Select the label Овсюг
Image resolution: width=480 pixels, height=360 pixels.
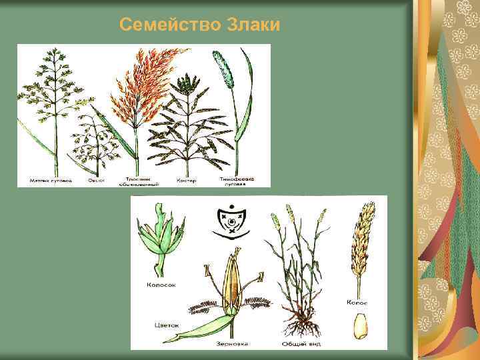96,180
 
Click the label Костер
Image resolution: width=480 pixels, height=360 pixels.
185,180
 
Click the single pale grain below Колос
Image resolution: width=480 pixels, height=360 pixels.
361,327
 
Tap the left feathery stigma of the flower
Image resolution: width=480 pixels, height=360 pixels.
206,307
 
